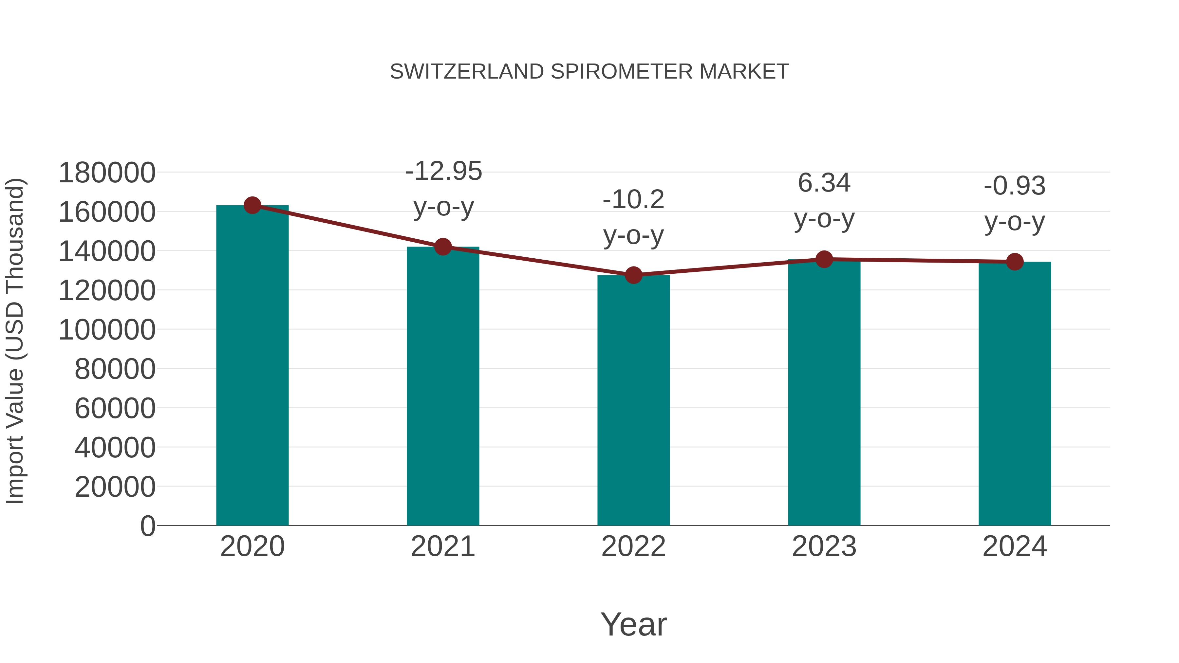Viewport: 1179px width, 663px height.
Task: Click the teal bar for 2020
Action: point(252,366)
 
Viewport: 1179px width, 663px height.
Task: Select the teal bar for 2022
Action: point(633,400)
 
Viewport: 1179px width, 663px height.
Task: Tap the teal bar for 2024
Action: point(1015,394)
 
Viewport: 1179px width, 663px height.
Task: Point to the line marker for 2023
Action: point(824,259)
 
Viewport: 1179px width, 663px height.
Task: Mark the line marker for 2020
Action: point(252,205)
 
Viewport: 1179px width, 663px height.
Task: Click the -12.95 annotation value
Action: point(443,171)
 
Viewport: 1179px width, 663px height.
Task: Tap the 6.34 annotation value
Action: point(824,183)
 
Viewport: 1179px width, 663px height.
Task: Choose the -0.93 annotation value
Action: point(1015,186)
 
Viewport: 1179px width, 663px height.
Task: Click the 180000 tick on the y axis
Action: point(107,173)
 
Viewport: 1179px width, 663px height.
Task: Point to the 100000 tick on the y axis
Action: point(107,330)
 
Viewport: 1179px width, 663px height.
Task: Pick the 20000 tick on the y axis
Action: point(115,487)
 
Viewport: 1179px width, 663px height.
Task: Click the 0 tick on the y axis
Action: point(148,526)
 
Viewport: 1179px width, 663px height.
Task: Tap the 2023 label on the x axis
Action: point(824,546)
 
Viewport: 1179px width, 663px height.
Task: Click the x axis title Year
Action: point(633,624)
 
